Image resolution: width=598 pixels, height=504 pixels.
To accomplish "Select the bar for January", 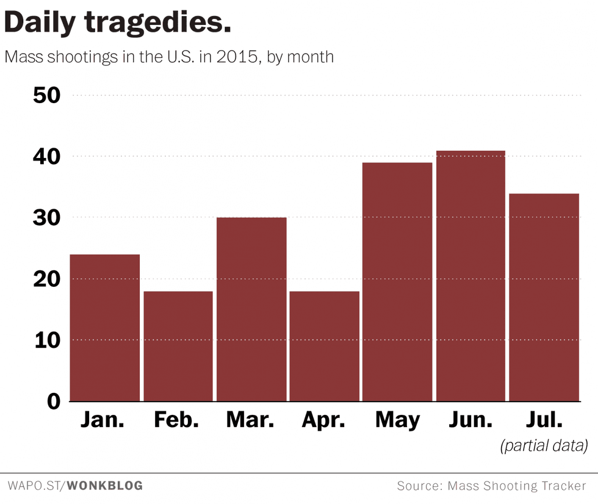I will point(105,328).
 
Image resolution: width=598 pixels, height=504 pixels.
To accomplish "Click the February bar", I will point(178,346).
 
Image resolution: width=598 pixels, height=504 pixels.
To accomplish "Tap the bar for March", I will point(251,309).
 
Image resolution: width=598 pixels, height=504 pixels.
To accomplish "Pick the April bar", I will point(325,346).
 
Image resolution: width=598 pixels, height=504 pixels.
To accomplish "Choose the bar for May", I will point(397,282).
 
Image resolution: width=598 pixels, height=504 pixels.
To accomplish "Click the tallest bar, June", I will point(470,276).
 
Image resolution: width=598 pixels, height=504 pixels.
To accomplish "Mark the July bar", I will point(544,297).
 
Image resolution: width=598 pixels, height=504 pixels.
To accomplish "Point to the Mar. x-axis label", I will point(251,420).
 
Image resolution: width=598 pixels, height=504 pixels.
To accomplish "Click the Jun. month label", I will point(470,420).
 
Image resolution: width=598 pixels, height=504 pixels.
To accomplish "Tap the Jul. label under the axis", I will point(543,420).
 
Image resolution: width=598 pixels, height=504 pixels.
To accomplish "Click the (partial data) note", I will point(544,446).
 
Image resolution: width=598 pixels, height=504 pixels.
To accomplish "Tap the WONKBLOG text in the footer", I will point(104,486).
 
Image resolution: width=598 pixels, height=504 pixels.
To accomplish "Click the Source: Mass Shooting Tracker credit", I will point(491,486).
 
